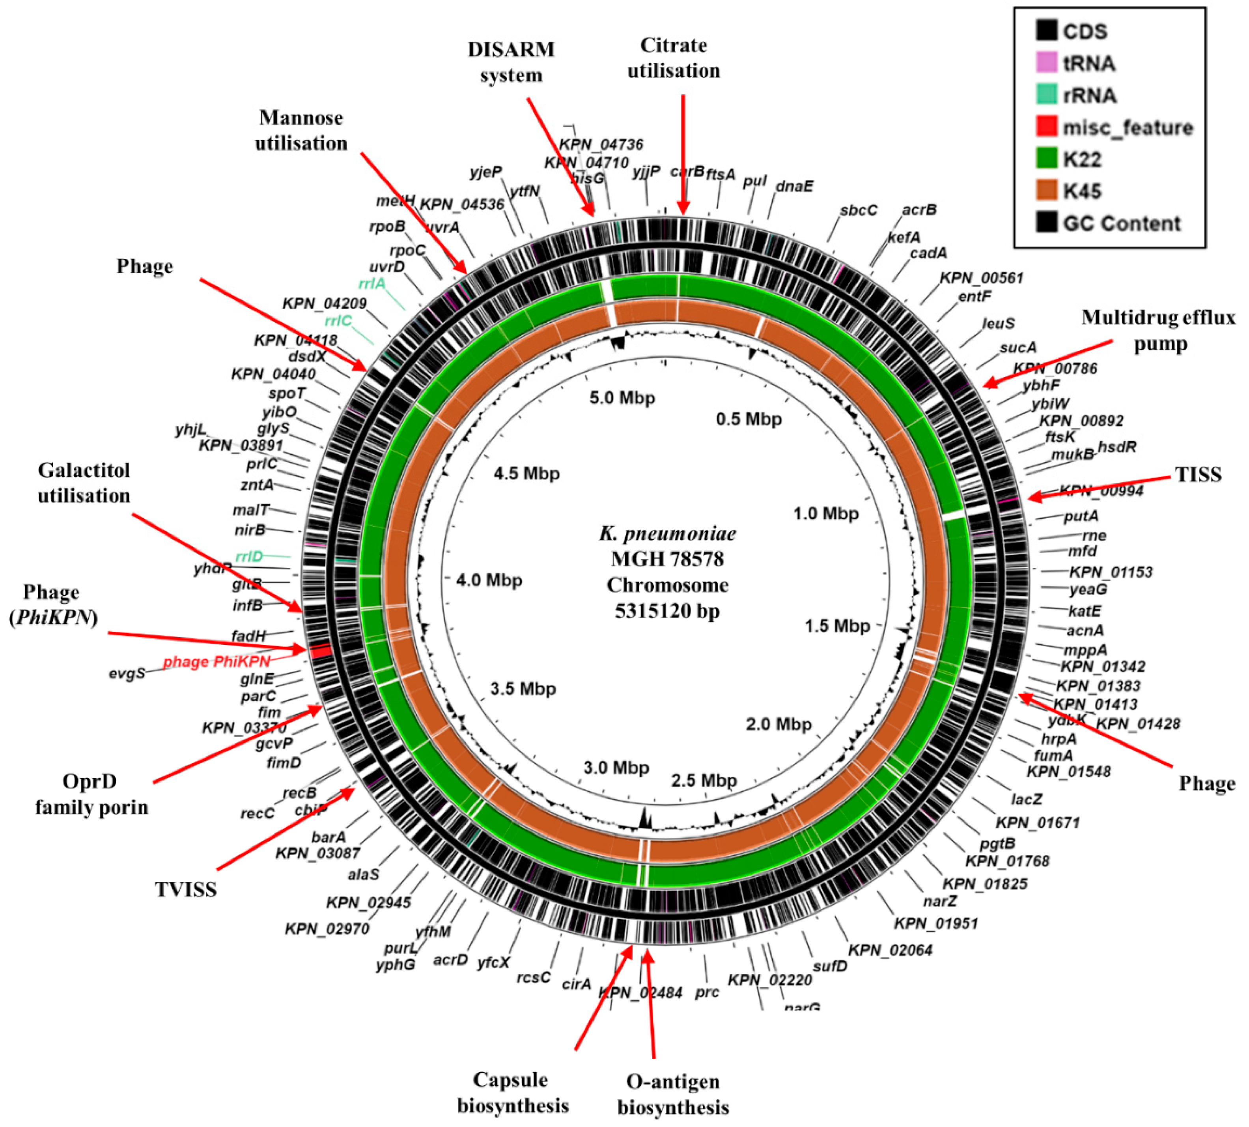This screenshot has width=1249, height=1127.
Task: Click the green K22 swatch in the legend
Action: [x=1047, y=159]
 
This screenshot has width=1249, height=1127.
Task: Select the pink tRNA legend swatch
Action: [x=1047, y=62]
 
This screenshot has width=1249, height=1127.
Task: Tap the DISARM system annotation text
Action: [x=511, y=62]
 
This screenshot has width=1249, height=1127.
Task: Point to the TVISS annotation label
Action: [x=186, y=889]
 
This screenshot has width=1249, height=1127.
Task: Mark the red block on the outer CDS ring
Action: [x=319, y=651]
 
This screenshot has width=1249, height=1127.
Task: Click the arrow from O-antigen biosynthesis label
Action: [x=650, y=1003]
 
